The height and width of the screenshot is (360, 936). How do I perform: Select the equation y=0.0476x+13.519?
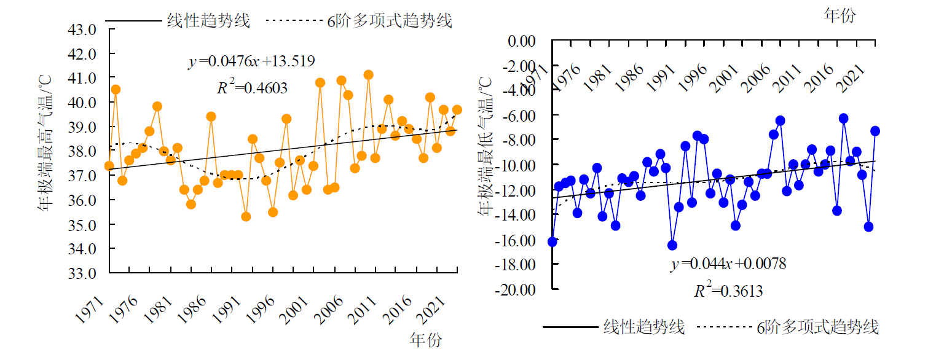pyautogui.click(x=251, y=61)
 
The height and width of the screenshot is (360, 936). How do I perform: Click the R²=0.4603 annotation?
pyautogui.click(x=252, y=88)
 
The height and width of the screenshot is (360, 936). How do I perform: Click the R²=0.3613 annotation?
pyautogui.click(x=728, y=291)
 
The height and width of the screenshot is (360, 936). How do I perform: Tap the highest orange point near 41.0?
pyautogui.click(x=368, y=75)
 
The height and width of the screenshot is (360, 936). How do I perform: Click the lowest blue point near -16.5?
pyautogui.click(x=672, y=245)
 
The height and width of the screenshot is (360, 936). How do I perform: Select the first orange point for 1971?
pyautogui.click(x=109, y=166)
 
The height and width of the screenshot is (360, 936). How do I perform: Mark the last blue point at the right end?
pyautogui.click(x=875, y=131)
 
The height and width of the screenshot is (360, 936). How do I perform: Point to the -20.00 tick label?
pyautogui.click(x=519, y=289)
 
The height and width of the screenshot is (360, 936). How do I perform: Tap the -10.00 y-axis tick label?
pyautogui.click(x=519, y=165)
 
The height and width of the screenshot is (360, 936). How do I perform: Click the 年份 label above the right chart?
pyautogui.click(x=839, y=15)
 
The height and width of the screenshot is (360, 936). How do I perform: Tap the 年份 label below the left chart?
pyautogui.click(x=425, y=339)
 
